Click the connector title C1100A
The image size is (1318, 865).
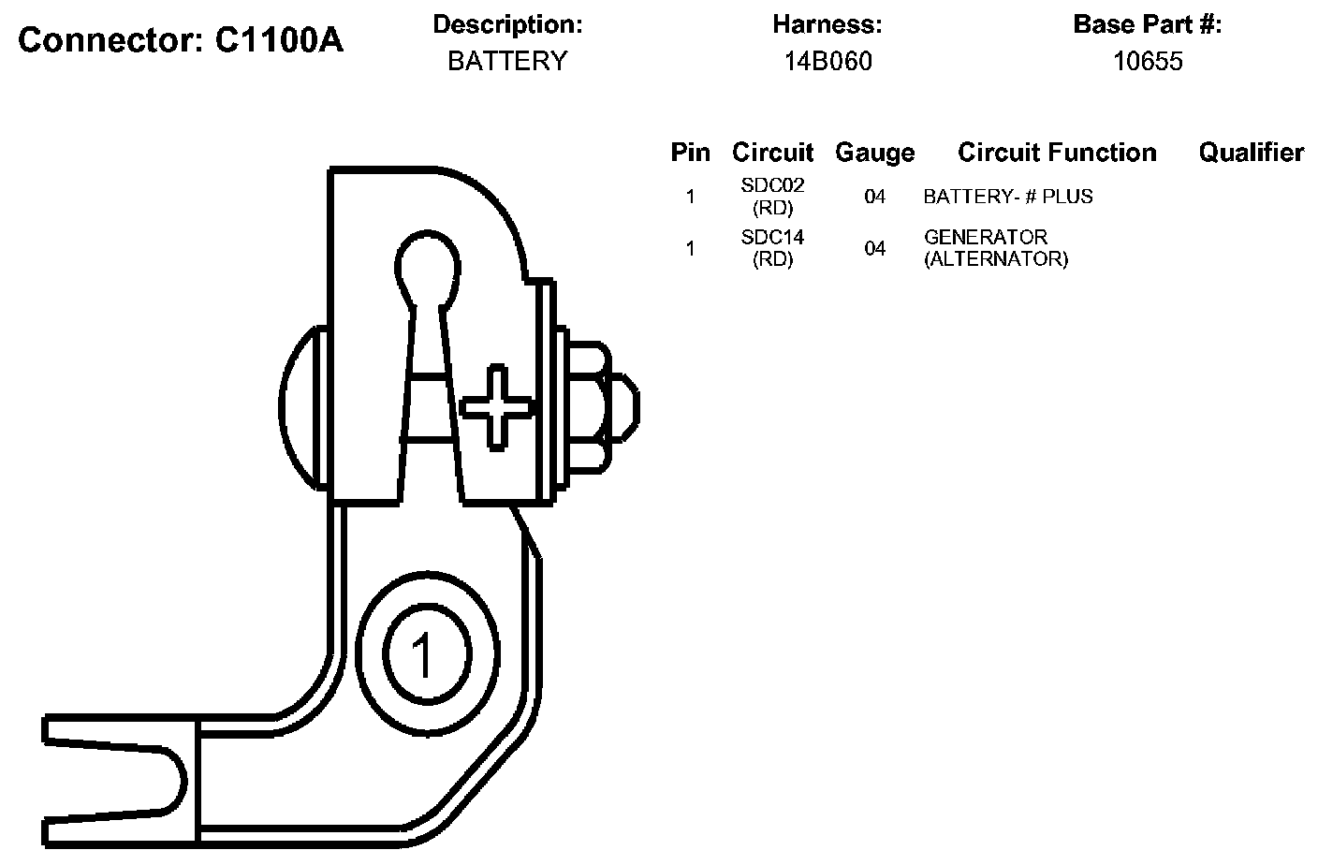pos(181,39)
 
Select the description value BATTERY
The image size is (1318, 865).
pos(507,61)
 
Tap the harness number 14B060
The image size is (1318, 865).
pos(827,61)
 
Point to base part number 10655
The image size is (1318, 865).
pos(1148,61)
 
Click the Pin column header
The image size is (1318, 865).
pos(690,153)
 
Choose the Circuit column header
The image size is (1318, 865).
pos(772,153)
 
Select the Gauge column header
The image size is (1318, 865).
pos(874,153)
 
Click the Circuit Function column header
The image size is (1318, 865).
pos(1057,153)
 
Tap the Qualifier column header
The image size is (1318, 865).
pos(1251,153)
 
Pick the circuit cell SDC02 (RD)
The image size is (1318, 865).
pos(772,197)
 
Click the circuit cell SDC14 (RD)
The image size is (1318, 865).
pos(772,248)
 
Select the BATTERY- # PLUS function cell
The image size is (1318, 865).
pos(1007,197)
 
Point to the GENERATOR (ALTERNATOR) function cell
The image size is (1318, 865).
pos(995,248)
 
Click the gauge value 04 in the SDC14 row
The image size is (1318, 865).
pos(874,248)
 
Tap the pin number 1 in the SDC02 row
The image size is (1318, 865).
pos(690,197)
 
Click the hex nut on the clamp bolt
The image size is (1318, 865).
pos(587,406)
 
